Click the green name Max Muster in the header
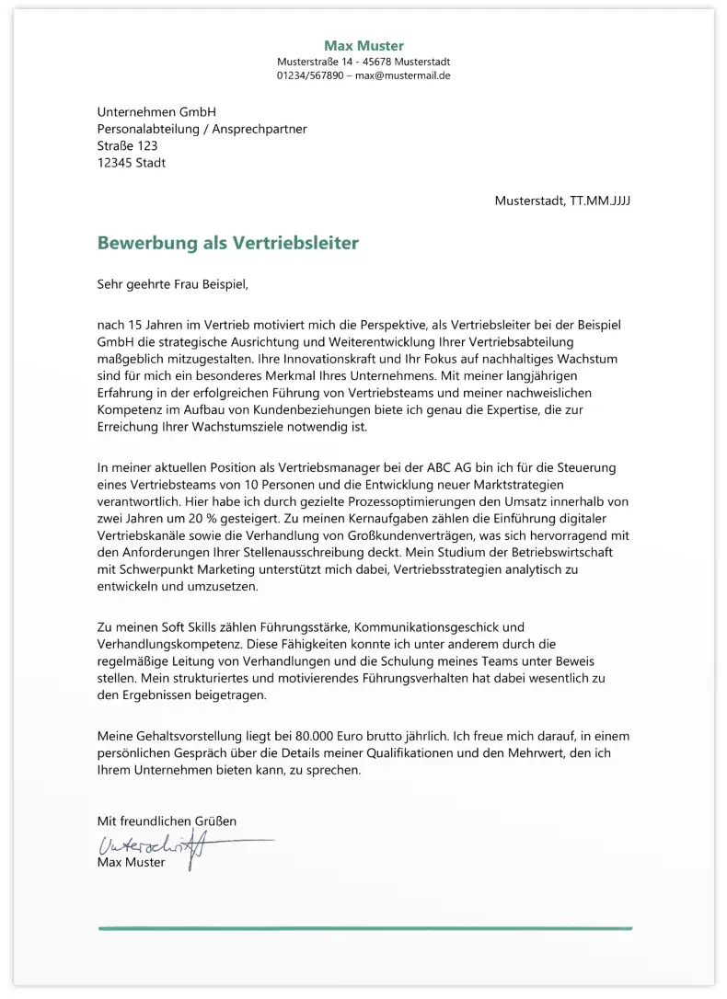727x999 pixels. point(363,46)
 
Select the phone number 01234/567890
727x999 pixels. point(310,75)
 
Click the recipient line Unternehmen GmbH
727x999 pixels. point(156,112)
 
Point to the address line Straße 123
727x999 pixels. point(127,146)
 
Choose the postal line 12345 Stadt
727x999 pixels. point(132,163)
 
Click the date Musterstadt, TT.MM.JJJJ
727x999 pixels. point(561,201)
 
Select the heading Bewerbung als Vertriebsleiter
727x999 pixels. point(227,244)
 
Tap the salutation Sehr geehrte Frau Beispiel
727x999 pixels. point(173,284)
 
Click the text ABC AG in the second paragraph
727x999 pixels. point(476,467)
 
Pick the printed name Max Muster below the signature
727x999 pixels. point(131,863)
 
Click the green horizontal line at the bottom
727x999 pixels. point(364,928)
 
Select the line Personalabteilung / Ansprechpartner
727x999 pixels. point(202,130)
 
